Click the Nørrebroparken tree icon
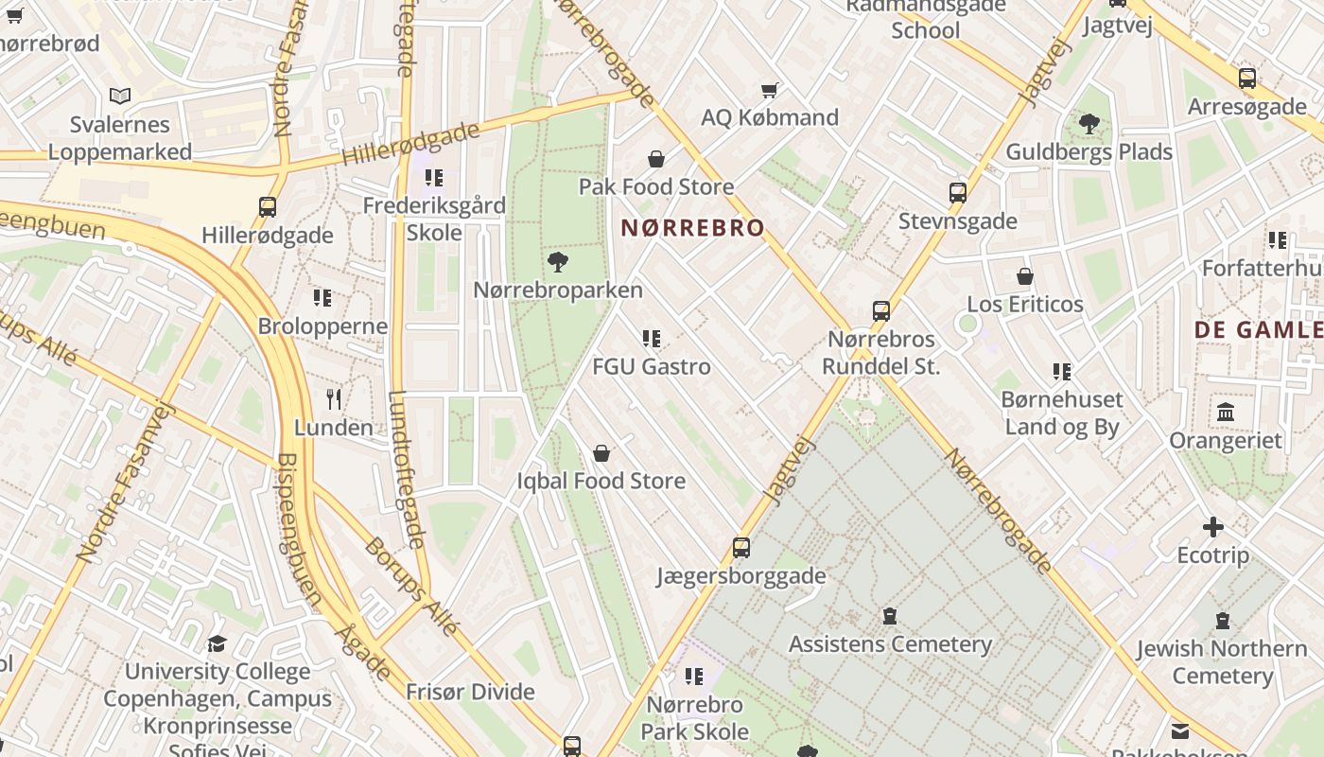pos(558,262)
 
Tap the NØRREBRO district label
pos(692,228)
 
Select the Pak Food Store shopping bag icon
pos(656,159)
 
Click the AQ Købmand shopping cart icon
pos(770,91)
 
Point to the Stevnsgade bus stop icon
pos(958,193)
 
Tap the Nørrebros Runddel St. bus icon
pos(881,311)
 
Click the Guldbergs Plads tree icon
pos(1089,123)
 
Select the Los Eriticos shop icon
pos(1025,276)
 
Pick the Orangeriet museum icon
pos(1227,413)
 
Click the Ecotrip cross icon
pos(1213,527)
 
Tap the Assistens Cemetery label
pos(890,644)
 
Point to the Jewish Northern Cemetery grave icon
pos(1223,621)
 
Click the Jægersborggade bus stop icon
pos(741,548)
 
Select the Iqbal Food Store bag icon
pos(601,453)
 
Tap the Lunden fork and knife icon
pos(333,399)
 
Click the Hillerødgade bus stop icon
pos(268,207)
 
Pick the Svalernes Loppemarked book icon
pos(120,96)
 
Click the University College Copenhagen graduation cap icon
pos(218,644)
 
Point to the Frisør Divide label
pos(470,692)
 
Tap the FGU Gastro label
pos(652,366)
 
